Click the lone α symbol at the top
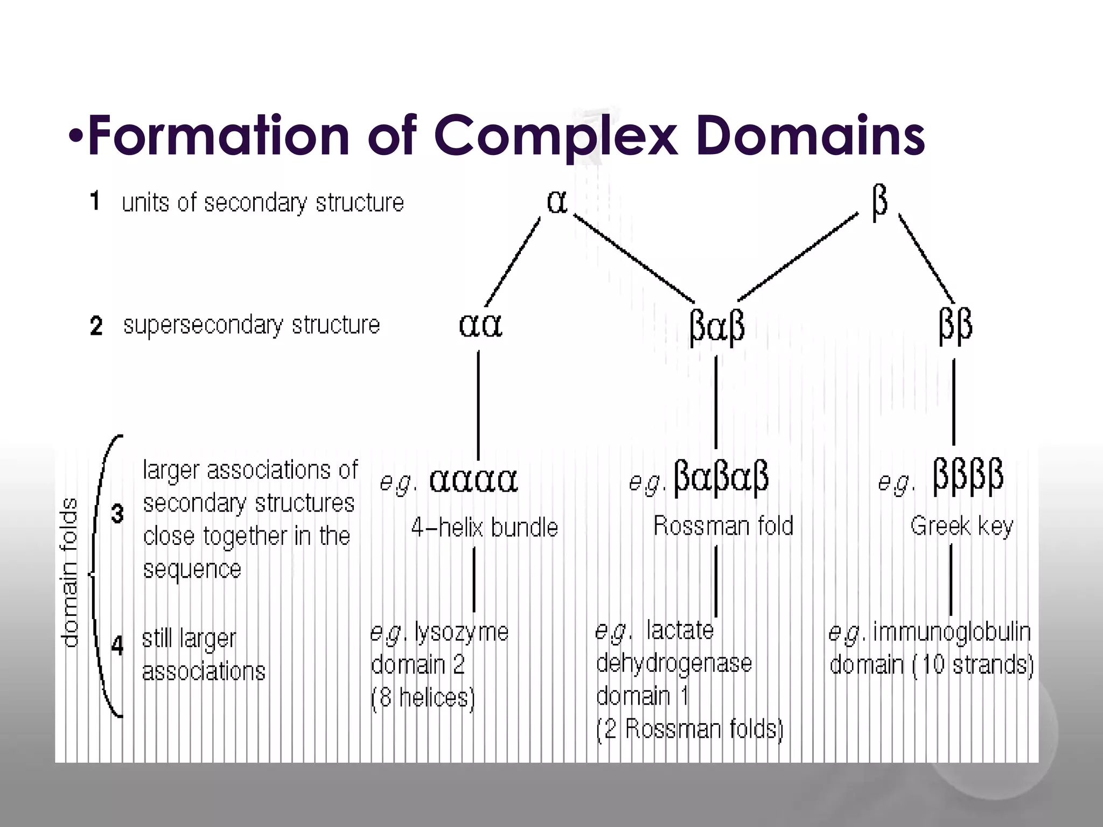click(x=557, y=202)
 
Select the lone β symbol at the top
click(x=879, y=202)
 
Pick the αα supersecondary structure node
click(x=480, y=325)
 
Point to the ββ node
click(x=955, y=326)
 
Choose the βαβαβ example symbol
click(x=721, y=477)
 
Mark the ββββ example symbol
click(x=968, y=476)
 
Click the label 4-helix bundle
click(x=484, y=527)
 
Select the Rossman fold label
click(x=723, y=525)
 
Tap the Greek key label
click(x=962, y=526)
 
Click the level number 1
click(x=95, y=201)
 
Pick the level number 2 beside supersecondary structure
click(x=96, y=326)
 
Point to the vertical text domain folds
click(x=70, y=572)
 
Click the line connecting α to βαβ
click(x=633, y=257)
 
